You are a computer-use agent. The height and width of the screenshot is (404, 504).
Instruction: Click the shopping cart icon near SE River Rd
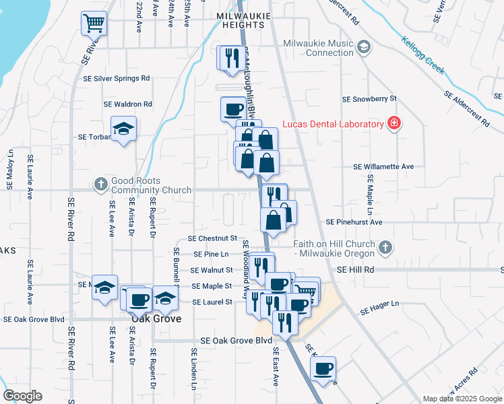click(x=94, y=23)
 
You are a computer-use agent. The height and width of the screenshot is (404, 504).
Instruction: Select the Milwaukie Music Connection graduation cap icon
click(x=364, y=46)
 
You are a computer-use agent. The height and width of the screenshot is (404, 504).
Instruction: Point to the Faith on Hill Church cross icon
click(x=385, y=247)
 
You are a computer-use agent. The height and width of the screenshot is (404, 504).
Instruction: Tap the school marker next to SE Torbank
click(x=124, y=129)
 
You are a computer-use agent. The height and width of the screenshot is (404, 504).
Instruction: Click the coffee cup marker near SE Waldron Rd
click(x=234, y=108)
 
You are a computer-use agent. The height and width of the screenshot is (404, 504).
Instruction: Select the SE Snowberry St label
click(x=369, y=98)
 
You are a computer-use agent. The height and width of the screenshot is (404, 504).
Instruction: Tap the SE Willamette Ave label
click(x=383, y=166)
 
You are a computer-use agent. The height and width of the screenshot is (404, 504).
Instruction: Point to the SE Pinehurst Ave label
click(x=354, y=222)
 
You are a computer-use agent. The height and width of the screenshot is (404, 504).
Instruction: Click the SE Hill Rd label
click(x=355, y=269)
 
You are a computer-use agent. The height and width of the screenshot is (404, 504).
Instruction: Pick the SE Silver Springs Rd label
click(x=116, y=78)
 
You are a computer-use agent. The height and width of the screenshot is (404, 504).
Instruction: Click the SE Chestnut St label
click(x=212, y=238)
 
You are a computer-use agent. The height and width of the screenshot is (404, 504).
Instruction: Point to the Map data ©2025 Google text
click(x=462, y=399)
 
